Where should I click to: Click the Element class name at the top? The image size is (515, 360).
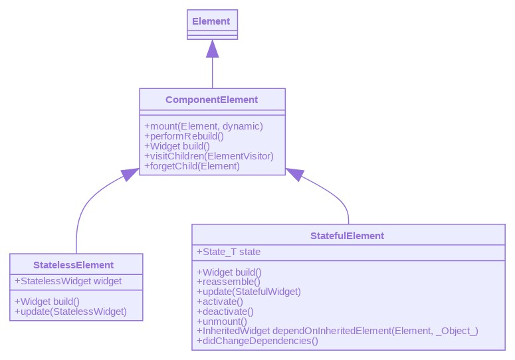(212, 21)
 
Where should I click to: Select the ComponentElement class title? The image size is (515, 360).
(212, 100)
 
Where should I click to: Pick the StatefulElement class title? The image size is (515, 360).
(347, 236)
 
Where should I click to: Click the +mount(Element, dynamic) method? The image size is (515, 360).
(203, 126)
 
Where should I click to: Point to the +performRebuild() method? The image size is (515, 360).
(184, 136)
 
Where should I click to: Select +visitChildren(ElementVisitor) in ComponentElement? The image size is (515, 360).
(209, 156)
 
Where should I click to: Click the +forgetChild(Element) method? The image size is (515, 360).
(192, 166)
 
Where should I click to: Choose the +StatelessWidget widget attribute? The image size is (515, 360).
(68, 281)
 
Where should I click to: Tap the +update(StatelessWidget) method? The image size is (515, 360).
(70, 311)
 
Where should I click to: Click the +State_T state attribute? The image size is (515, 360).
(229, 252)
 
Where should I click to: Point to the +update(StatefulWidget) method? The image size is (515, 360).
(249, 292)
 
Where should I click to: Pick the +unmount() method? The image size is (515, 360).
(222, 321)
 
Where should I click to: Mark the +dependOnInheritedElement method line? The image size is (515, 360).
(338, 331)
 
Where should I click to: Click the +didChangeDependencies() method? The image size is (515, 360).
(258, 341)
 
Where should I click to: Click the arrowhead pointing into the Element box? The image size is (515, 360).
(212, 48)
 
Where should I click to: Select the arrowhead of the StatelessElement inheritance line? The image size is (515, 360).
(130, 174)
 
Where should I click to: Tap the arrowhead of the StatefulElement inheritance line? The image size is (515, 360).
(294, 174)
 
